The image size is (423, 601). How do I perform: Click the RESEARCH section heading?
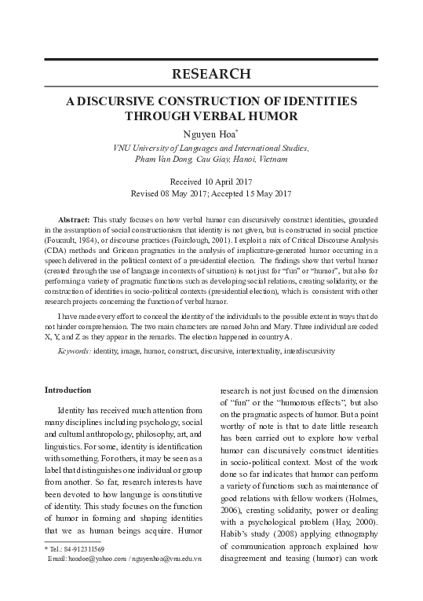click(x=211, y=75)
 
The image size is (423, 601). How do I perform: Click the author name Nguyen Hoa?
click(x=210, y=134)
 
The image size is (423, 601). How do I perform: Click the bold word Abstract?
click(x=75, y=217)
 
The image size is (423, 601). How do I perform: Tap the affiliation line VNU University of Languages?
click(x=211, y=148)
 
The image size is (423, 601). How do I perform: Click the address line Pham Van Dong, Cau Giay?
click(x=211, y=159)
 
